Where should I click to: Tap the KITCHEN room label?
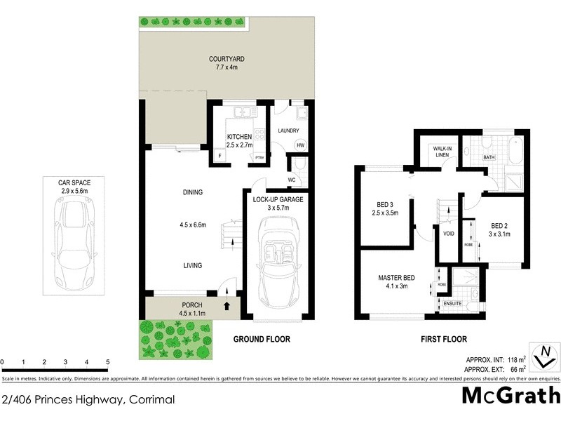coord(238,137)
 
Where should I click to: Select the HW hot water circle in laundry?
coord(300,145)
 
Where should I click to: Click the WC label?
coord(290,180)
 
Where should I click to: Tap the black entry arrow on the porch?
coord(226,306)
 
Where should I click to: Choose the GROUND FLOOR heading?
coord(262,339)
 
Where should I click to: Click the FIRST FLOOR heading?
coord(443,339)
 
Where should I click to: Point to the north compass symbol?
coord(545,358)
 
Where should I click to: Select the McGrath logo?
coord(510,396)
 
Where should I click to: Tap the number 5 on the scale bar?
coord(107,362)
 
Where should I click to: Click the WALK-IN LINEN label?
coord(441,152)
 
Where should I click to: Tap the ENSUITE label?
coord(453,303)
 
